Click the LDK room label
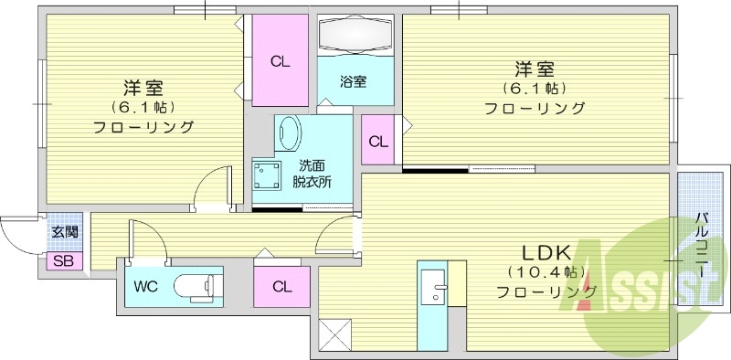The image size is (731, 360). point(546,252)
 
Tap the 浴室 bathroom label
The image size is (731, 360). point(355,81)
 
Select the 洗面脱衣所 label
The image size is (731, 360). point(312,174)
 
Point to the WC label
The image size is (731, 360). point(146,286)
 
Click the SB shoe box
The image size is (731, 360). point(63,261)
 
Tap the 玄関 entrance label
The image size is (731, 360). point(64,232)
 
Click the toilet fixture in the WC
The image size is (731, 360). point(196,285)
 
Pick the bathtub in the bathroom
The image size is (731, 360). point(355,38)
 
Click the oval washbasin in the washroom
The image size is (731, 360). point(290,134)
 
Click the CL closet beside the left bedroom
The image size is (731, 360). point(281,62)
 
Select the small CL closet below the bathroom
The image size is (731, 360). point(377,141)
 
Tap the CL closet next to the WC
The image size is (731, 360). point(281,286)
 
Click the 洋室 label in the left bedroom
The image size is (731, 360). point(143,89)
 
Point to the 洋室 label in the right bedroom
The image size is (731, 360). point(535,69)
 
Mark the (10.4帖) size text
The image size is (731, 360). point(546,272)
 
